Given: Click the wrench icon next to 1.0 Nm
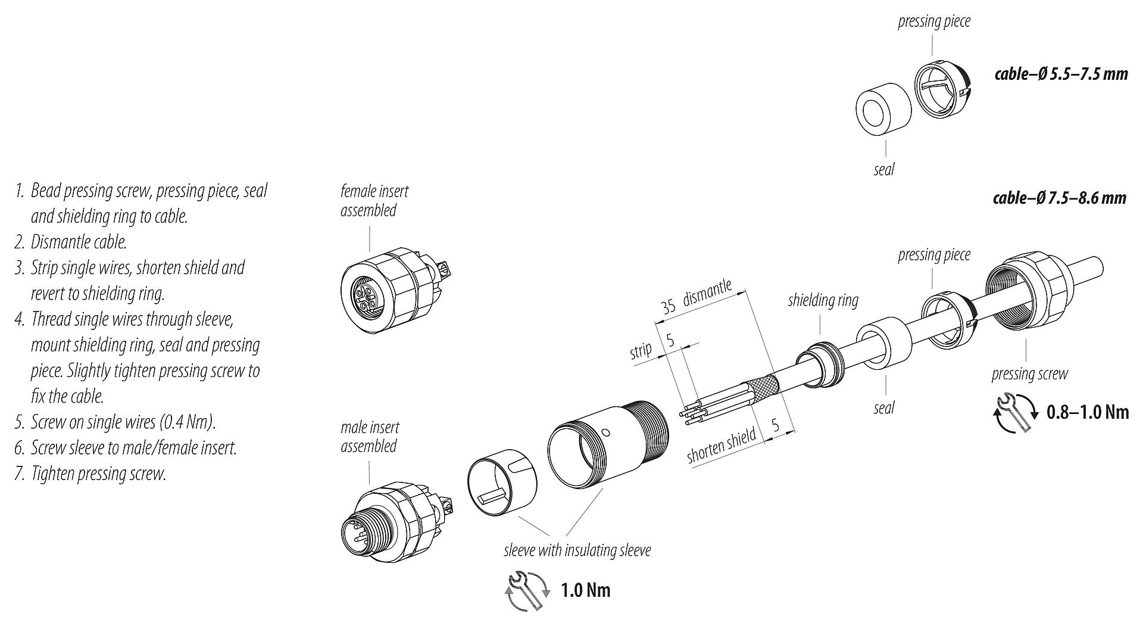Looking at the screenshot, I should [526, 590].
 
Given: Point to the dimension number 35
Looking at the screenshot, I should [668, 306].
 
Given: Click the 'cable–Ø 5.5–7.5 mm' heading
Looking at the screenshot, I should [1061, 74].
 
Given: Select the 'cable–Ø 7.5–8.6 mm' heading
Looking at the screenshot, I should [1059, 197].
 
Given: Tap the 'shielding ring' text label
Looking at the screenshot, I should [823, 300].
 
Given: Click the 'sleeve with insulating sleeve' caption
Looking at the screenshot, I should [577, 550].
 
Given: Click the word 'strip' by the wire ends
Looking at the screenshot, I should [641, 351].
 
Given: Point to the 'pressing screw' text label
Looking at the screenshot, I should [1029, 374].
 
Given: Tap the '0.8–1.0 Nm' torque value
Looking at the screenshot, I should [1087, 412].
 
